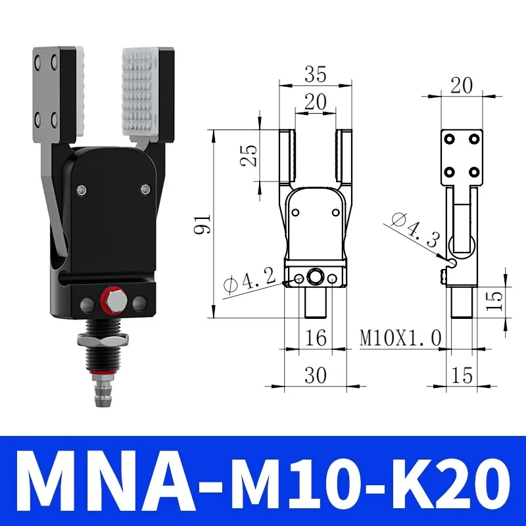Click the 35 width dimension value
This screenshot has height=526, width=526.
point(315,74)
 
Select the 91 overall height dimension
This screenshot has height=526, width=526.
point(203,224)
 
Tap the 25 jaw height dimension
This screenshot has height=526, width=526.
point(249,155)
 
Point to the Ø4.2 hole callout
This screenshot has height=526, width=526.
point(250,282)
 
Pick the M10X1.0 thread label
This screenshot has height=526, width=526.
point(400,337)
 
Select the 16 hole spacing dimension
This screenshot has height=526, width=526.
point(316,337)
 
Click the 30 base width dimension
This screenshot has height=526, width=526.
point(316,375)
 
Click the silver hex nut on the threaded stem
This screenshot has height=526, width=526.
point(103,340)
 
